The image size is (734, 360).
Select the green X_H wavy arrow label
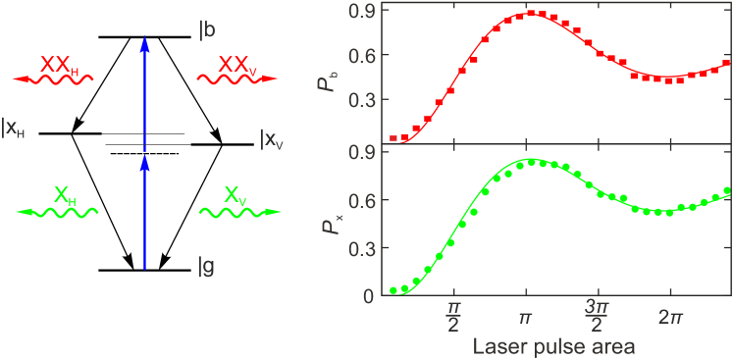pos(58,202)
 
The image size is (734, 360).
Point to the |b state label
pos(207,29)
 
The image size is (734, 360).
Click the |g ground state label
pos(207,266)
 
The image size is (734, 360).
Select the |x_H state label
pos(14,128)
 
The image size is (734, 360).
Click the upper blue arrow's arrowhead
pos(144,45)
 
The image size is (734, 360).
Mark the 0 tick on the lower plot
pos(369,295)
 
